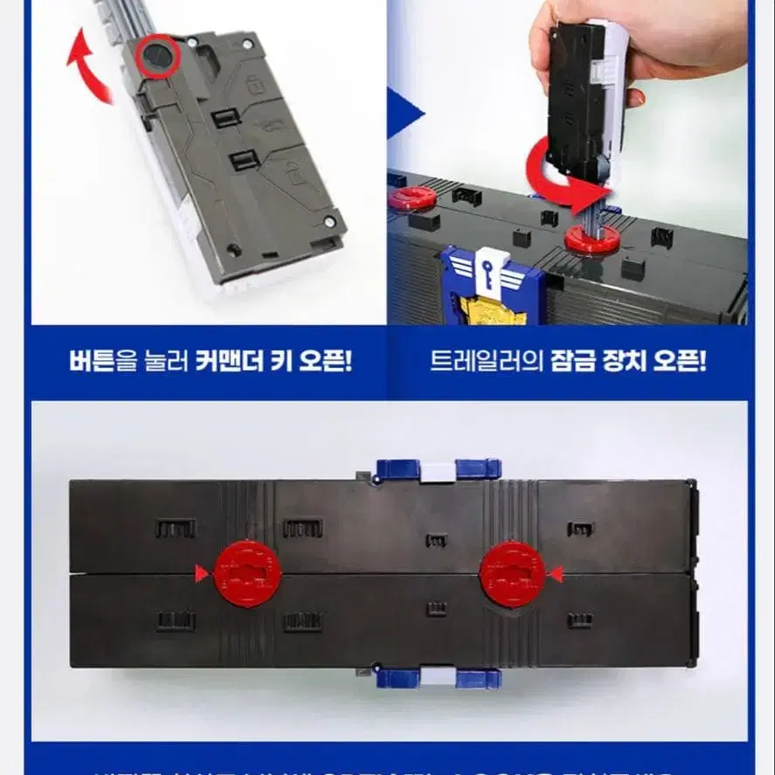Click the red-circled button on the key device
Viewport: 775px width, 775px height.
click(x=158, y=56)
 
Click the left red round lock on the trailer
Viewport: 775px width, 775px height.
click(x=247, y=573)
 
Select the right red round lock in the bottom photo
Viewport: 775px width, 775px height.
click(x=512, y=573)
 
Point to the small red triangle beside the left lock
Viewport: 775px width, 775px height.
click(x=202, y=574)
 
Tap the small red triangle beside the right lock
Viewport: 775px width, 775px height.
click(x=557, y=574)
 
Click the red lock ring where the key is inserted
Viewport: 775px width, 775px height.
click(x=592, y=238)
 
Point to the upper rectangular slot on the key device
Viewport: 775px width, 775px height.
click(x=227, y=117)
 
